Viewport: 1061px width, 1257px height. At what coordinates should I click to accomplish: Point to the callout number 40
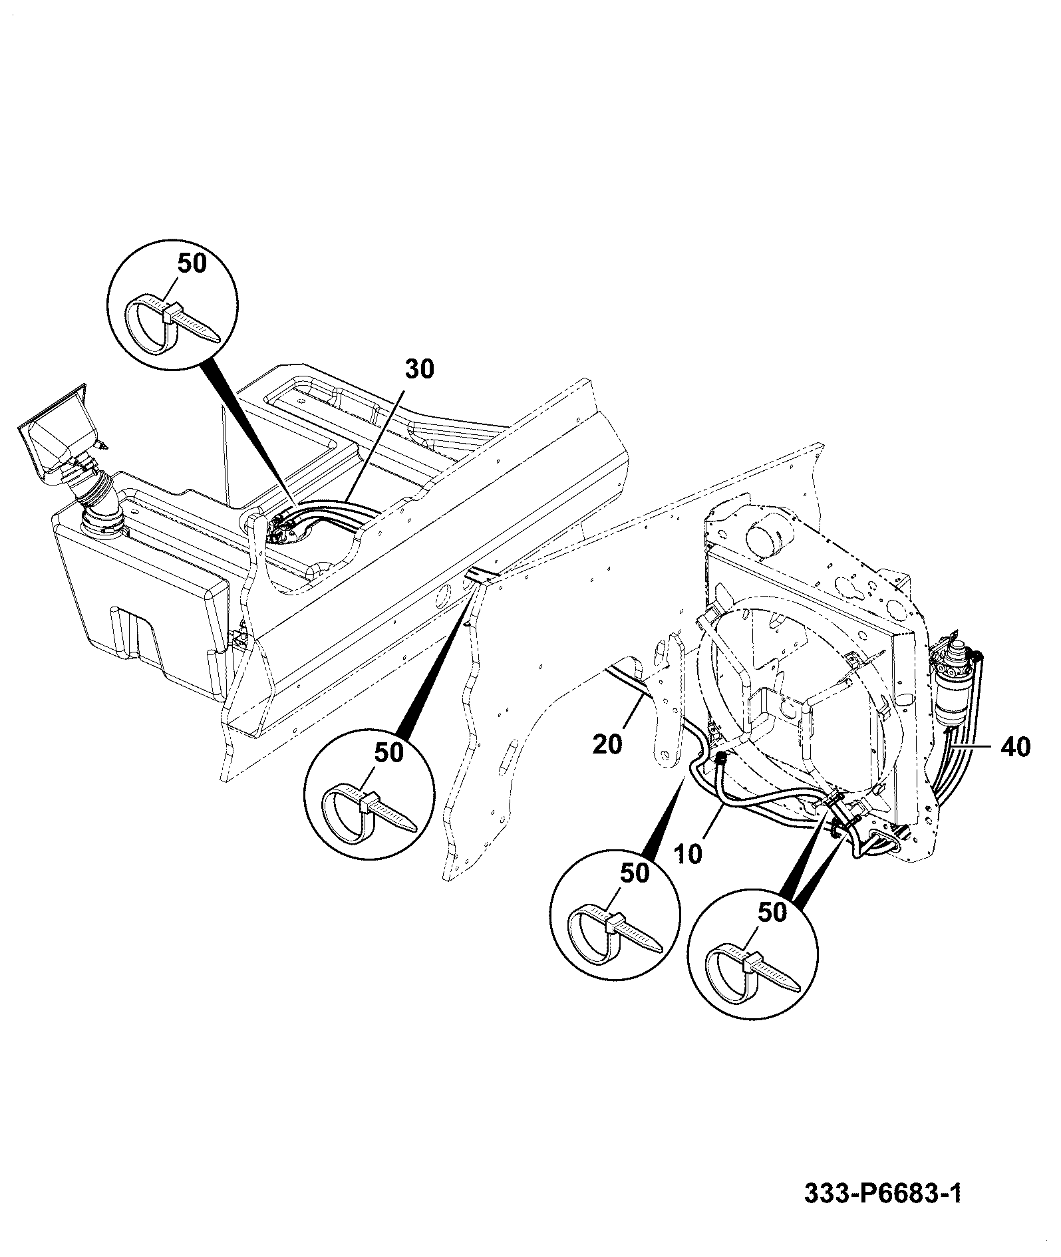coord(1014,747)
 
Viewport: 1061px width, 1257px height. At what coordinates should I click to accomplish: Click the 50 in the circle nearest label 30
coord(192,263)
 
